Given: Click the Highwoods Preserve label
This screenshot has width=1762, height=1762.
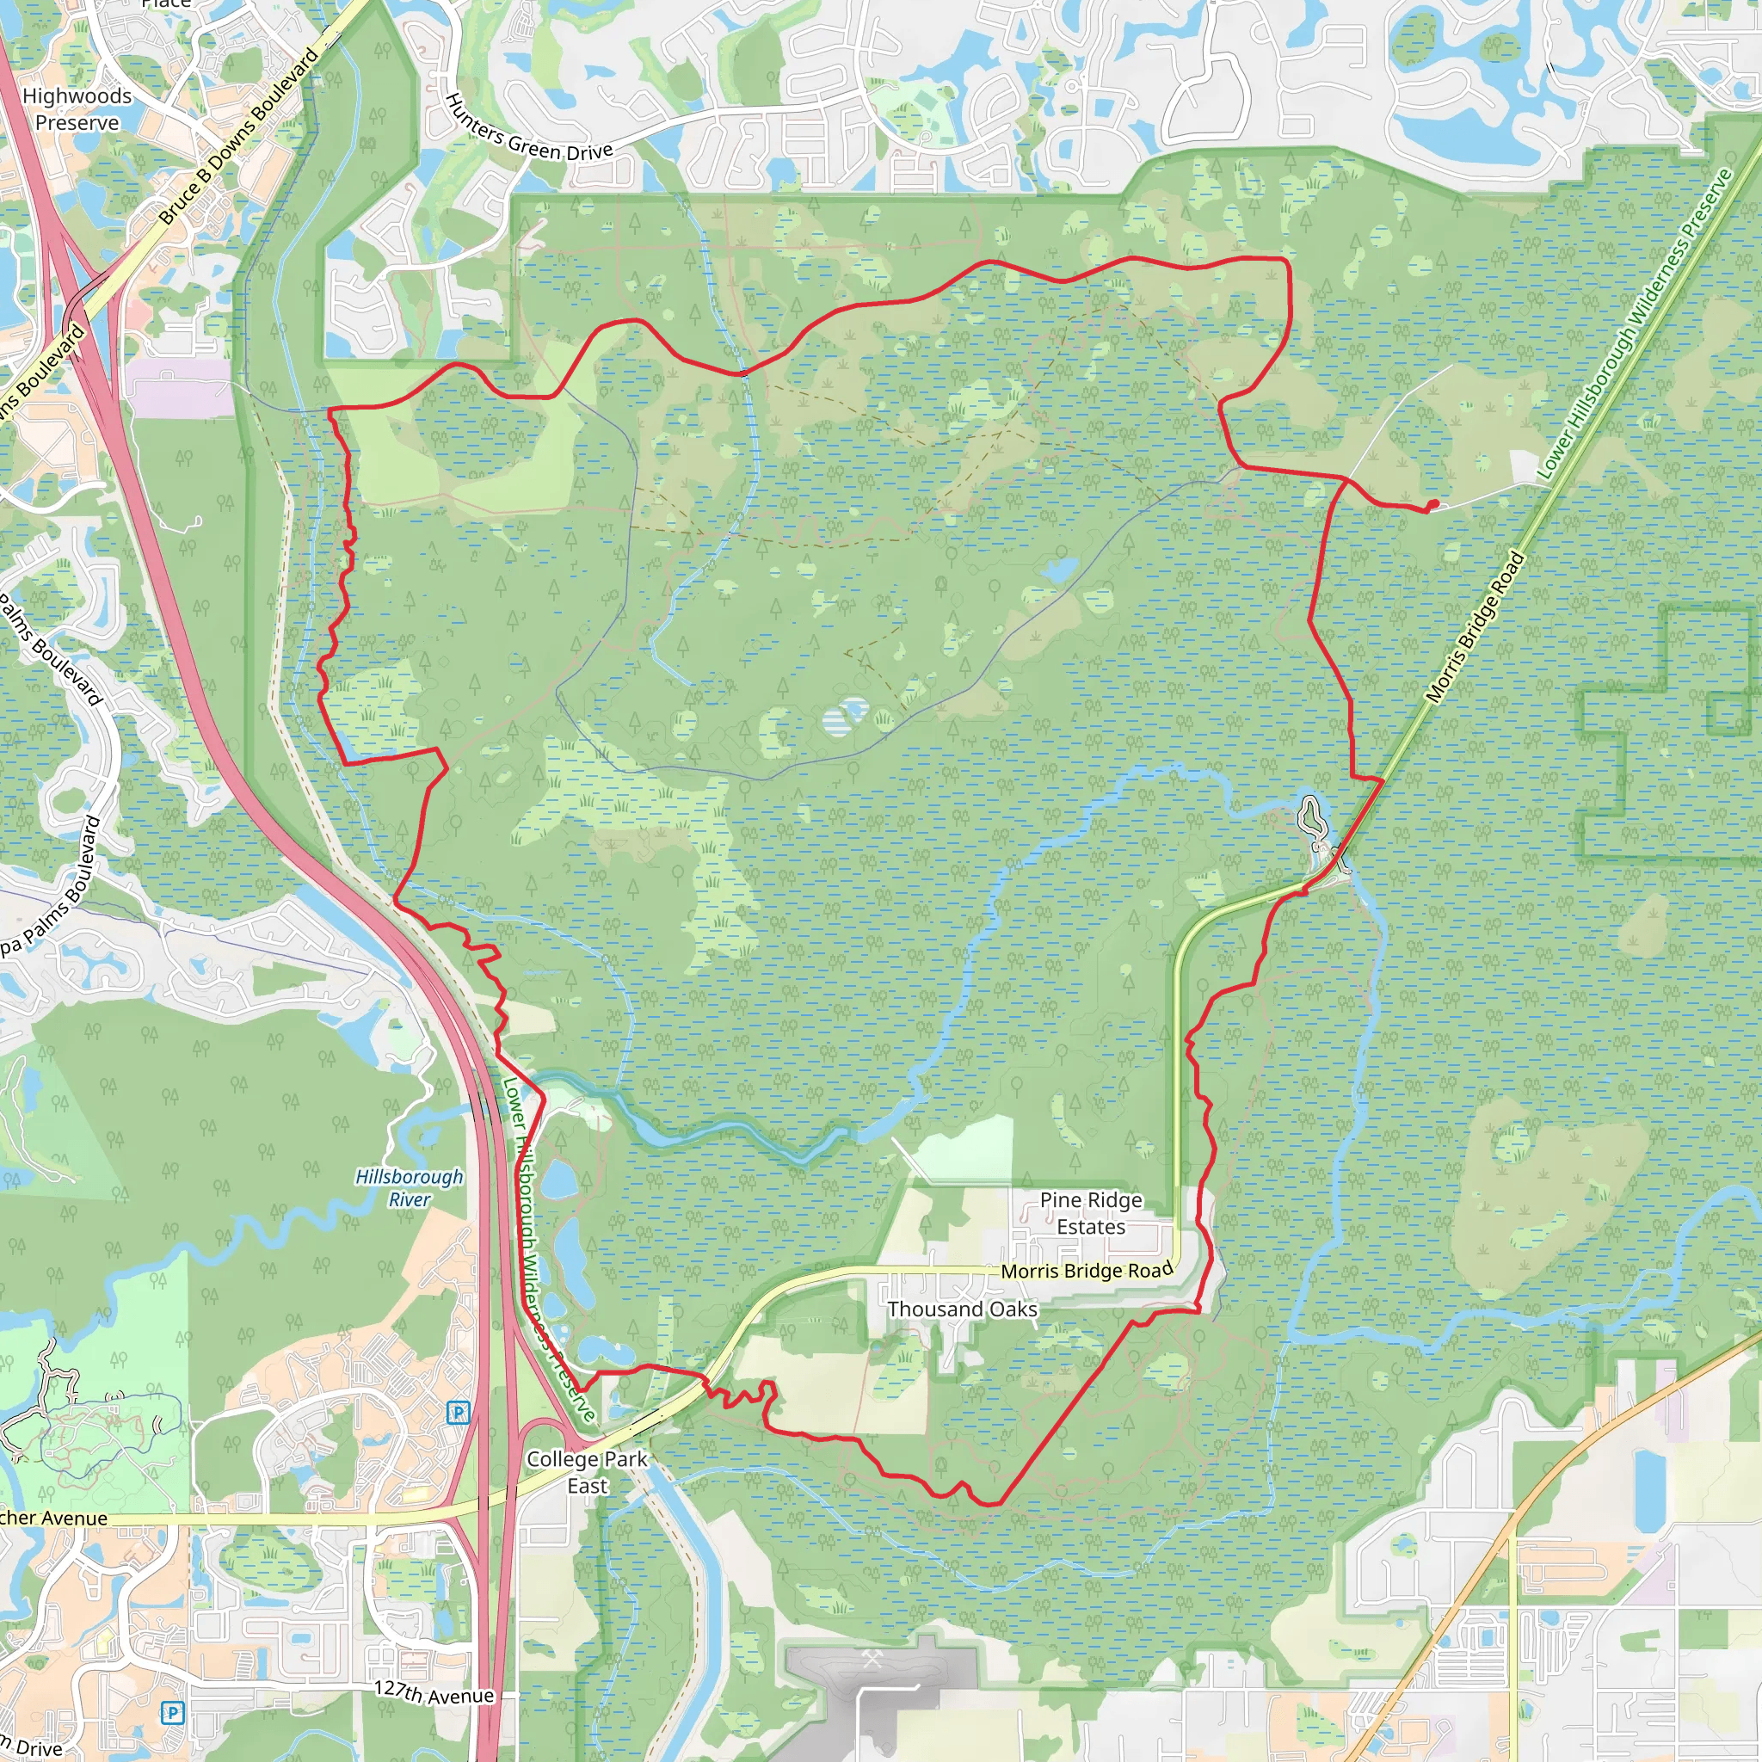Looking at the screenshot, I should pyautogui.click(x=77, y=108).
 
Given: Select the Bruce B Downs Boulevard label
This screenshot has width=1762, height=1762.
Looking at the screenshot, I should pyautogui.click(x=239, y=137).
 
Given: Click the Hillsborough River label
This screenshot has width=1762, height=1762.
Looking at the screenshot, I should pyautogui.click(x=410, y=1187).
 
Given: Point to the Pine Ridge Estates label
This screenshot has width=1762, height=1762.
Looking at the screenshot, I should pyautogui.click(x=1091, y=1213).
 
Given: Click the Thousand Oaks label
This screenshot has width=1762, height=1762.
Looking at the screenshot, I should pyautogui.click(x=962, y=1309).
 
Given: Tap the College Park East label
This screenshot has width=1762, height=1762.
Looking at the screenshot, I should pyautogui.click(x=587, y=1472).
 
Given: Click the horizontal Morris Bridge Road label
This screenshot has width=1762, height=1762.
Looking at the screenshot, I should pyautogui.click(x=1087, y=1272).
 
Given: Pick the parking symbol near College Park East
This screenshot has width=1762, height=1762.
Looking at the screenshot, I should pyautogui.click(x=458, y=1413).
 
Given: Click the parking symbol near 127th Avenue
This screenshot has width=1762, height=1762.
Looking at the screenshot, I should pyautogui.click(x=171, y=1713).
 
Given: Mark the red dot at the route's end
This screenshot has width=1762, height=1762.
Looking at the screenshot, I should pyautogui.click(x=1432, y=504).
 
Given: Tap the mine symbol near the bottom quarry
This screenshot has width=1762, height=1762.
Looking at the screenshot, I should pyautogui.click(x=872, y=1659).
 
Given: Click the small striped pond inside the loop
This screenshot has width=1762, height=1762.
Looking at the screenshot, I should pyautogui.click(x=846, y=717).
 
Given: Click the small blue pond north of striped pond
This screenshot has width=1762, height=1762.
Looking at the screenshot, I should pyautogui.click(x=1059, y=572).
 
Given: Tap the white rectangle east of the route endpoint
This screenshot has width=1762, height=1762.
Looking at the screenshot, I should pyautogui.click(x=1525, y=468).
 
